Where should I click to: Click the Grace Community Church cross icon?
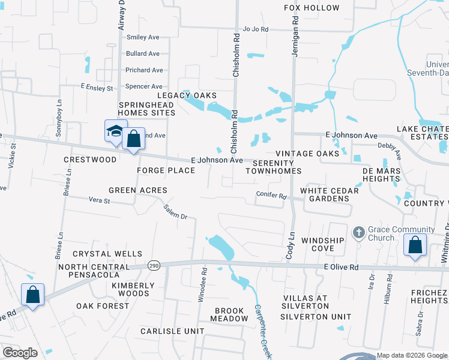[358, 232]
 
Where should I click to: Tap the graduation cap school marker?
[115, 132]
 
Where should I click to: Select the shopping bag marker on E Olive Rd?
[415, 246]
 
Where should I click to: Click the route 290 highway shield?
[154, 265]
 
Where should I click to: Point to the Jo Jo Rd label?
[256, 29]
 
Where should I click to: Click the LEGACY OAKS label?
[187, 95]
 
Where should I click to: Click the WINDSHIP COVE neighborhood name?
[322, 244]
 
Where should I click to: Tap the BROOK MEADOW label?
[229, 315]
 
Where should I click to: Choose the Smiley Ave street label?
[143, 37]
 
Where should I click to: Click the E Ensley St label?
[97, 88]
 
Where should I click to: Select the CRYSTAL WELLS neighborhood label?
[107, 254]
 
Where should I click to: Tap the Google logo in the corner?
[20, 353]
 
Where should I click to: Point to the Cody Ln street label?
[292, 245]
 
